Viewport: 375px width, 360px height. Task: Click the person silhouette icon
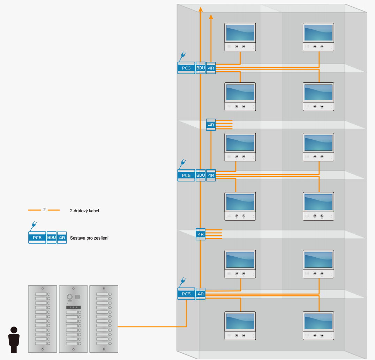(x=14, y=339)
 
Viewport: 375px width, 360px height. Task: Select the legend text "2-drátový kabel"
(x=85, y=211)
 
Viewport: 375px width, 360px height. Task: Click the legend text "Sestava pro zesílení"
(x=90, y=238)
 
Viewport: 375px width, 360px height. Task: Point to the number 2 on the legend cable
(x=44, y=210)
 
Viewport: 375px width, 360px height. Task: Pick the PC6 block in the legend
(x=37, y=237)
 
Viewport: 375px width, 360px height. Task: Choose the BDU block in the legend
(x=52, y=237)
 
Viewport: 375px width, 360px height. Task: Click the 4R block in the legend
(x=62, y=237)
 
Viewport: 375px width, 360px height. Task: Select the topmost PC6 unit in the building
(x=186, y=68)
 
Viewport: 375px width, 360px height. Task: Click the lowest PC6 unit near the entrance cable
(x=186, y=294)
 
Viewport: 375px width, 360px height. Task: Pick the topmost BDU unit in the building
(x=201, y=68)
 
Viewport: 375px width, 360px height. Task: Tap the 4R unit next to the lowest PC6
(x=201, y=294)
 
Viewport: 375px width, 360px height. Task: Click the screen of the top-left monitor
(x=240, y=33)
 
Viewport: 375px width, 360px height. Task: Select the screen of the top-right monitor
(x=318, y=33)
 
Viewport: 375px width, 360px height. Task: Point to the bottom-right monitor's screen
(x=318, y=322)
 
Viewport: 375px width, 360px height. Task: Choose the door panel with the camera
(x=74, y=319)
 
